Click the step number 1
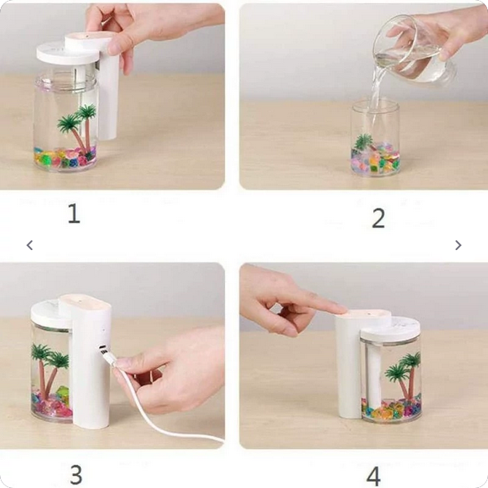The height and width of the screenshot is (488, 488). coord(74,213)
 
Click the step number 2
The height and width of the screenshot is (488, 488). coord(379,218)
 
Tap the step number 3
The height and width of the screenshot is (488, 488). coord(76,475)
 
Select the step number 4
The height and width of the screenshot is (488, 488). coord(373,476)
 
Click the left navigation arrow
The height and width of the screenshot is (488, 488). coord(29,245)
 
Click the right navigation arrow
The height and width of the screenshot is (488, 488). coord(458,245)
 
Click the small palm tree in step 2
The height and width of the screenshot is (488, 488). coord(364,143)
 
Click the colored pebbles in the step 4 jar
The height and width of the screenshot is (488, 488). coord(392,407)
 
